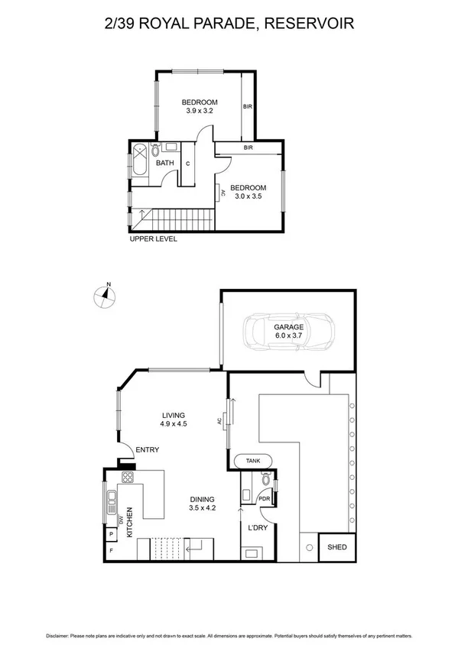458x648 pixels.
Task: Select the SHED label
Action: pos(336,548)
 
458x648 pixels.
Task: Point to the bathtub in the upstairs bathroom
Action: pos(141,163)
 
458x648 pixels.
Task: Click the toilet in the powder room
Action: pos(265,480)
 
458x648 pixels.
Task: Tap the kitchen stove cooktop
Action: pos(128,479)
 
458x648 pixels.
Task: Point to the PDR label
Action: pos(265,500)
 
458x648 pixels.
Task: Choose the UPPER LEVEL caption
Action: pos(154,239)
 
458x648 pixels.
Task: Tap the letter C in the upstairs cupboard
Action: pos(187,164)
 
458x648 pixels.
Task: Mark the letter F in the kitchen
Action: pos(112,550)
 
